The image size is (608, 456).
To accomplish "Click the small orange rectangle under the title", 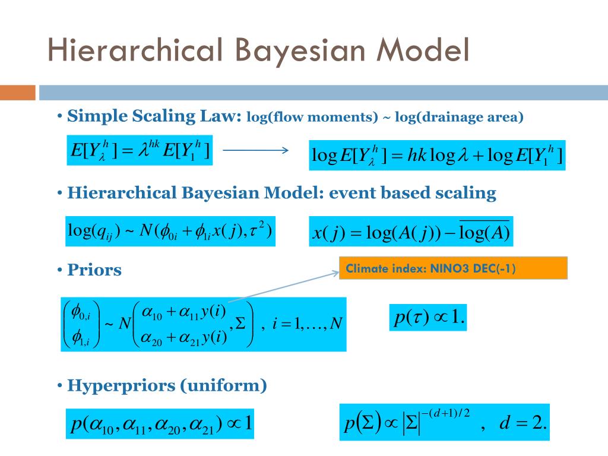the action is (18, 93).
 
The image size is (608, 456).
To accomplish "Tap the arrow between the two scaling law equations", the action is (255, 151).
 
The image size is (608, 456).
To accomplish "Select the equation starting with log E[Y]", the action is (438, 156).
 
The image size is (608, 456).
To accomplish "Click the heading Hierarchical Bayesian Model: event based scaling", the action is (281, 193).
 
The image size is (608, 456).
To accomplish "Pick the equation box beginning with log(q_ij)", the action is (170, 231).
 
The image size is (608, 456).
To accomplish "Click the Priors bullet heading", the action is (94, 270).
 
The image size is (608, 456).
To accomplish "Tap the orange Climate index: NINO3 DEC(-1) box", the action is (453, 268).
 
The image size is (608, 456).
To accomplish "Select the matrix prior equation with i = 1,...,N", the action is (204, 324).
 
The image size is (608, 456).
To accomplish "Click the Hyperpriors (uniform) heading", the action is (167, 386).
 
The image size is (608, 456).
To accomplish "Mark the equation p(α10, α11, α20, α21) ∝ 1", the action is (159, 423).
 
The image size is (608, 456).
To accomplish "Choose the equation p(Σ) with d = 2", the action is (445, 423).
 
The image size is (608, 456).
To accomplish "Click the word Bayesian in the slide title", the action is (299, 50).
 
